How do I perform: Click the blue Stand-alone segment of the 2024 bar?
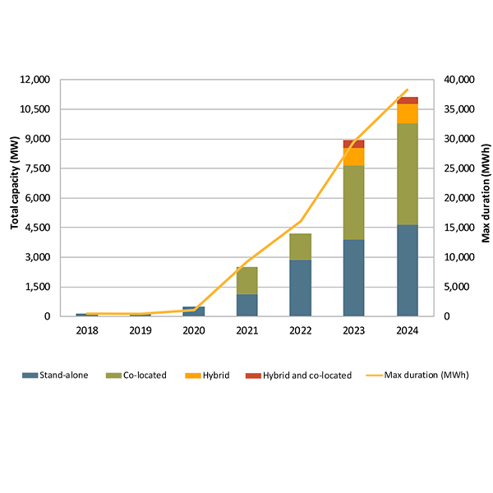point(407,270)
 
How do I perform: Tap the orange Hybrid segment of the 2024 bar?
point(407,113)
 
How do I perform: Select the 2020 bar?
point(194,311)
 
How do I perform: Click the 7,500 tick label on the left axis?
point(36,168)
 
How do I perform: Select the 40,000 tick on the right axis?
point(458,80)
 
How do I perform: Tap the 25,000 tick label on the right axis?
point(458,168)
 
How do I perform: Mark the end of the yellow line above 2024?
point(408,90)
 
